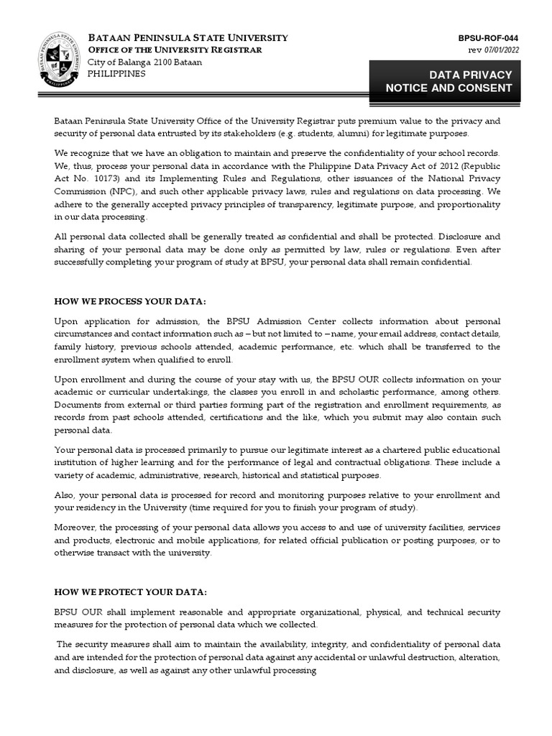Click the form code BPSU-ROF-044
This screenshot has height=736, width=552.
(x=488, y=38)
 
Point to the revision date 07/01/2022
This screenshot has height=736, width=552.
(x=502, y=50)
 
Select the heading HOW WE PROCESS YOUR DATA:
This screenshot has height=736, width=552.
(x=124, y=301)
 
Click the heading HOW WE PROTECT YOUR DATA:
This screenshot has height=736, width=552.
(x=131, y=592)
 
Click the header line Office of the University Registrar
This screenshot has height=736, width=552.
(x=175, y=50)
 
